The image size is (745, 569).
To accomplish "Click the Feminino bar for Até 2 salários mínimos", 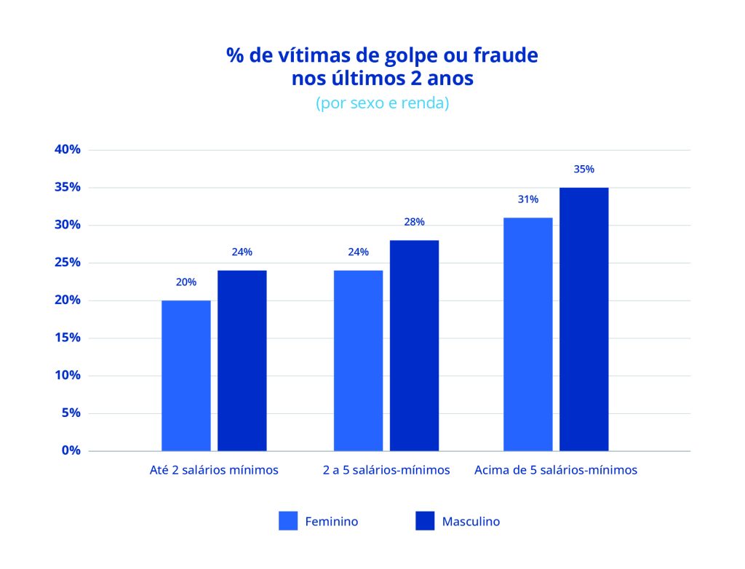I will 186,375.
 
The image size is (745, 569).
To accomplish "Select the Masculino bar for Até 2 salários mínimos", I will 242,361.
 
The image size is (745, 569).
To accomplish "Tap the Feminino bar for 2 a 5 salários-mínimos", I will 359,361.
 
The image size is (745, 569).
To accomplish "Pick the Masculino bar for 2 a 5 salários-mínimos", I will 415,346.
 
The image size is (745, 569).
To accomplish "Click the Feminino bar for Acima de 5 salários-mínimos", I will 528,335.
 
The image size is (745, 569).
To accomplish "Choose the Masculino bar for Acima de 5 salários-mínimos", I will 584,319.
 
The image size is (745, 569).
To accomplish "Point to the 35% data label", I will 584,169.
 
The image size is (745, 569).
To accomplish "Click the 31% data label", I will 528,199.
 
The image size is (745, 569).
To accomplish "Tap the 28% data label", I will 415,222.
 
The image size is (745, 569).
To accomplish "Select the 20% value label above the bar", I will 186,282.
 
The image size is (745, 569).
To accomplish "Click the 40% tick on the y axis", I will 67,150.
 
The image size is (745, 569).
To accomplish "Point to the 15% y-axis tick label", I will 67,338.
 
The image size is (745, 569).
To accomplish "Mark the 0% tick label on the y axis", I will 71,451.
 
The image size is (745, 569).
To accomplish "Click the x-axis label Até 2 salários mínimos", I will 214,470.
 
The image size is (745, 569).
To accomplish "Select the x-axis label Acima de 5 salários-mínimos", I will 556,470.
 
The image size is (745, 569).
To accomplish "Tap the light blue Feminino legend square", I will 289,521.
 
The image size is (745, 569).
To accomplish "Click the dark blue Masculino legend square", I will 425,521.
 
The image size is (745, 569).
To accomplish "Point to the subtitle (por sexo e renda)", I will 382,103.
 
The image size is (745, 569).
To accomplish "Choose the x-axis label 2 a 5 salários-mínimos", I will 386,470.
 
